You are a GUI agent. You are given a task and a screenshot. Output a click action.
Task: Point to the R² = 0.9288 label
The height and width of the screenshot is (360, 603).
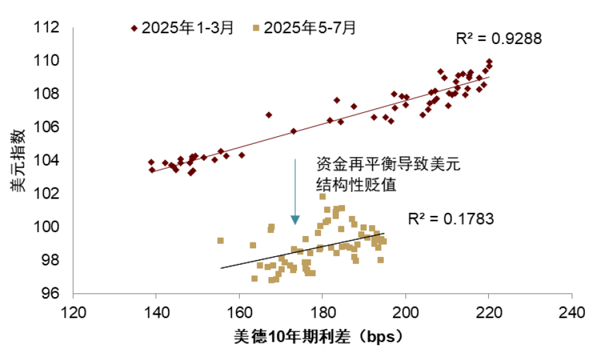498,39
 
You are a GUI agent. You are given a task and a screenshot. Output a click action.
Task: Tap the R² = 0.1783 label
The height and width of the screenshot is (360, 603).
451,219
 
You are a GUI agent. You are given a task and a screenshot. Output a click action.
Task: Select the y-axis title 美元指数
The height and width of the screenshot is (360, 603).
18,160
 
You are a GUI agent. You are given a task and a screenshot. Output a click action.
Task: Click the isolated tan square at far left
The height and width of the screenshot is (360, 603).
220,241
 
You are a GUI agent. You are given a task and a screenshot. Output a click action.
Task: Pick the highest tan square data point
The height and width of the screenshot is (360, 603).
322,197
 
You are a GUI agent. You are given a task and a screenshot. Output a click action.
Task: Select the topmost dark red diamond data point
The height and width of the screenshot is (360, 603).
489,62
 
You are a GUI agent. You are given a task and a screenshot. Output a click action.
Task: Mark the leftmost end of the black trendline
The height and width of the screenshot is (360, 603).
221,268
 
